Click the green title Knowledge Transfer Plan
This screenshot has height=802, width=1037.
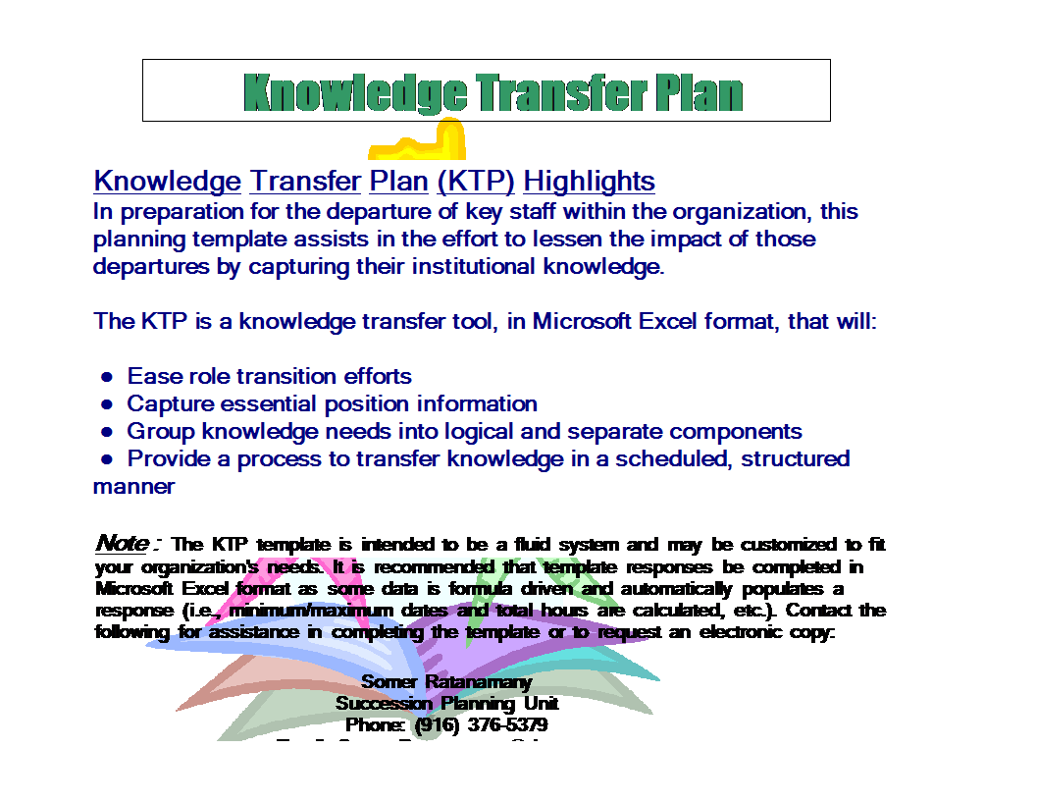[x=493, y=92]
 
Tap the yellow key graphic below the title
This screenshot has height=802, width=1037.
[x=418, y=142]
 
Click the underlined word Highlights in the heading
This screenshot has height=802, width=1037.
[x=589, y=182]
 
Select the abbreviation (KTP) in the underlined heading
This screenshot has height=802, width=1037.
[x=476, y=182]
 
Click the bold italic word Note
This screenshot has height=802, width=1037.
[x=123, y=543]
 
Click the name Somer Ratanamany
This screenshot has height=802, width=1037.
[x=446, y=681]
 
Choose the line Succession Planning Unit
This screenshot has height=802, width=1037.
[x=446, y=703]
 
